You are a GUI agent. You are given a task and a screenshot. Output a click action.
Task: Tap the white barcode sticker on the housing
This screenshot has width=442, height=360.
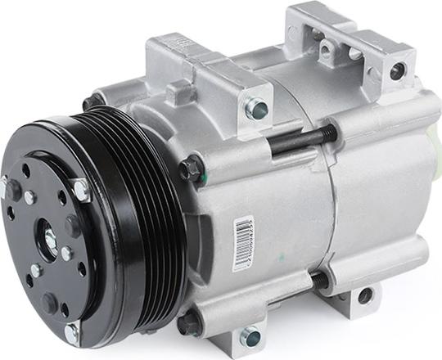click(243, 242)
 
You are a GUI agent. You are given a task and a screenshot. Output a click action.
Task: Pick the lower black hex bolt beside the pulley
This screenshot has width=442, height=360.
click(190, 322)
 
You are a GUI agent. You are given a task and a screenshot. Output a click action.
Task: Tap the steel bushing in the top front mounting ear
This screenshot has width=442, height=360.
click(256, 108)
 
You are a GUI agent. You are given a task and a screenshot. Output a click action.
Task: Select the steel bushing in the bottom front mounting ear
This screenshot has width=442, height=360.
click(250, 336)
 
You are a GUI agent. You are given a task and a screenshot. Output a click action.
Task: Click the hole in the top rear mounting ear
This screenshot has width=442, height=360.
click(398, 70)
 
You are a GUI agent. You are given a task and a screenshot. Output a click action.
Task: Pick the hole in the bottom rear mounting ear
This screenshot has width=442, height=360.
click(365, 295)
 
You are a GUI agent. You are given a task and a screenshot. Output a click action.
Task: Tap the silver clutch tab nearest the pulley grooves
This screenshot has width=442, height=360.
click(79, 190)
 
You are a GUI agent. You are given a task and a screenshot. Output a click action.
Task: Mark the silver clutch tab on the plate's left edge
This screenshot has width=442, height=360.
click(8, 189)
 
